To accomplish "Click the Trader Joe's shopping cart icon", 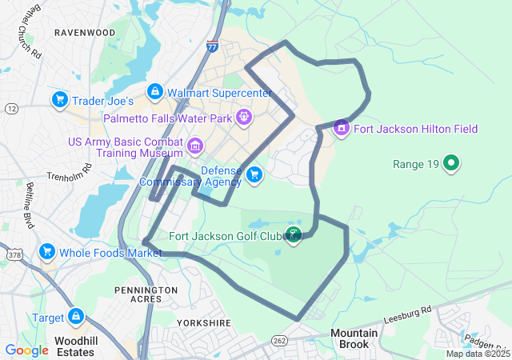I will [x=59, y=100].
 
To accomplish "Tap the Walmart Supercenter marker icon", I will [x=155, y=92].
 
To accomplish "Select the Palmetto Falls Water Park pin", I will [x=244, y=118].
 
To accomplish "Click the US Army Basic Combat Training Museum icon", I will [x=195, y=146].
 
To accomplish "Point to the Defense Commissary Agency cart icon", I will [x=254, y=174].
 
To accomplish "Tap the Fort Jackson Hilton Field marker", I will [x=342, y=128].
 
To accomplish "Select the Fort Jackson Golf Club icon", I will [x=293, y=235].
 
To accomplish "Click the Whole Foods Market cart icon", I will [x=47, y=252].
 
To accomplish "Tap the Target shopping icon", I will [x=77, y=317].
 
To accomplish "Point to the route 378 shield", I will [x=12, y=254].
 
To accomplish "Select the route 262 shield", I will [x=278, y=339].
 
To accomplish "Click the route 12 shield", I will [x=10, y=108].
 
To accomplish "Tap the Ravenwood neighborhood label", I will [x=84, y=33].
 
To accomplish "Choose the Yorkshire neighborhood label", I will [x=206, y=323].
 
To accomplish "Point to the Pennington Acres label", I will [x=146, y=294].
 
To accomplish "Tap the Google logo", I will [x=26, y=350].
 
